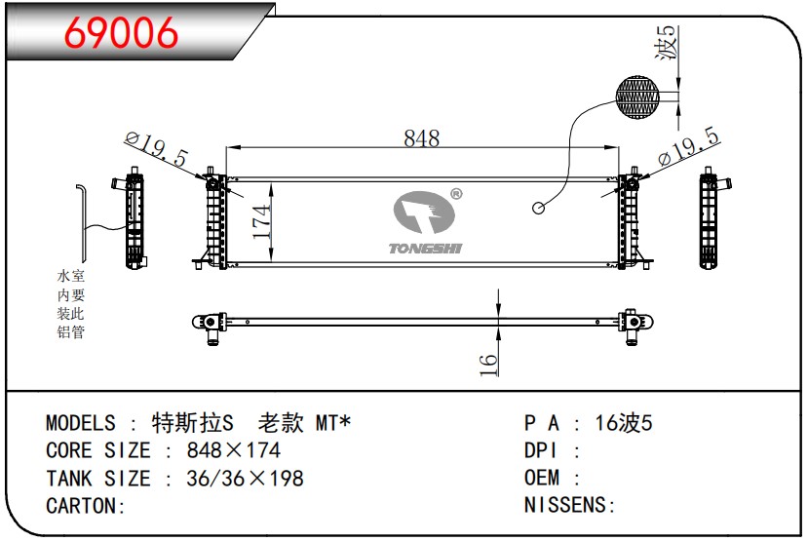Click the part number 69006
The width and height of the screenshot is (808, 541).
(122, 32)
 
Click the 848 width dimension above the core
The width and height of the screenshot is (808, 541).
(421, 138)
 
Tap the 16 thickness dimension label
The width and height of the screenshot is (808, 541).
(488, 363)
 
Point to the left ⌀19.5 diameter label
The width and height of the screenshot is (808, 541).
(156, 150)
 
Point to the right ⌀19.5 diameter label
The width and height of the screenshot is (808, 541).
(688, 147)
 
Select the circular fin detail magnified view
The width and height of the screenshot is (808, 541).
(638, 99)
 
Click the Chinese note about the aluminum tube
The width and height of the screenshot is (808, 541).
(71, 304)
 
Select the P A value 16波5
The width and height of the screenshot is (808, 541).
(623, 423)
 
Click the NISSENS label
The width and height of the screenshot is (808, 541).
(569, 505)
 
